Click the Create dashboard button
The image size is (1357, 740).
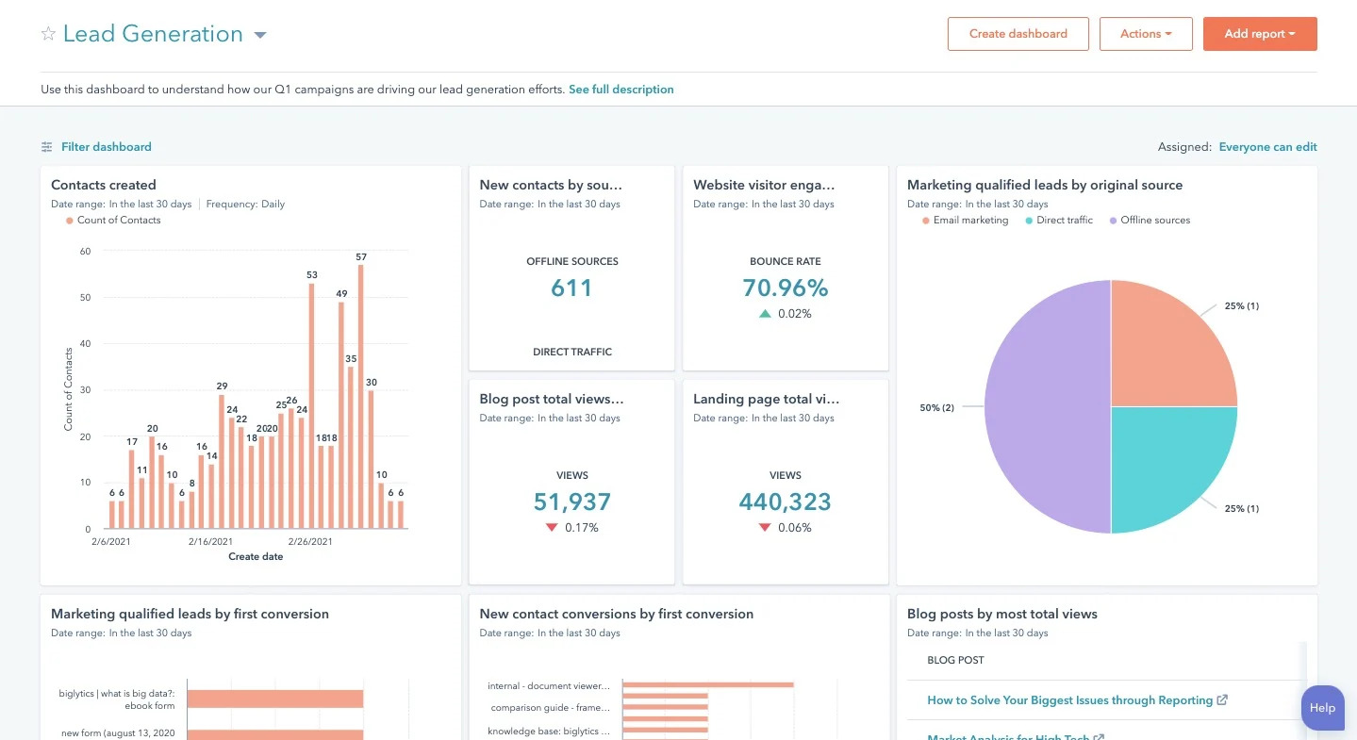click(x=1018, y=34)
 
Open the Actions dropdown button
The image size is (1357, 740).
click(x=1146, y=34)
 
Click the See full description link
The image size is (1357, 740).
click(x=621, y=90)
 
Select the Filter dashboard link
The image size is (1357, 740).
click(x=106, y=147)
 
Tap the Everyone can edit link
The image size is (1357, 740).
click(x=1267, y=147)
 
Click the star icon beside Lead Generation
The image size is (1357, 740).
click(x=48, y=34)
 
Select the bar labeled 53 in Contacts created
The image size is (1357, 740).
click(x=311, y=405)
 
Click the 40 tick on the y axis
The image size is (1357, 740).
click(x=85, y=344)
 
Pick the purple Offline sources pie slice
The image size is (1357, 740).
click(x=1047, y=407)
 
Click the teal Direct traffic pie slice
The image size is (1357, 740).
click(x=1169, y=462)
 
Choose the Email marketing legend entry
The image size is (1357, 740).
click(x=969, y=221)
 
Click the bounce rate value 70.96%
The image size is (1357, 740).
click(x=785, y=288)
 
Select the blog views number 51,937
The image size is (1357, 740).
click(x=571, y=502)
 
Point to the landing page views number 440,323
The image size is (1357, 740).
click(x=785, y=502)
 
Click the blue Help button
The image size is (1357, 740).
click(x=1322, y=708)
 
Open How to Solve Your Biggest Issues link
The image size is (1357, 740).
click(x=1069, y=700)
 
